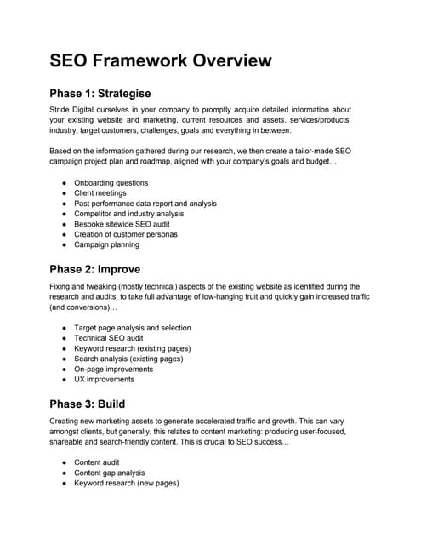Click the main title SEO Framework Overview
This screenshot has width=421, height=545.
[161, 60]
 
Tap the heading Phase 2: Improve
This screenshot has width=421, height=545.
[95, 269]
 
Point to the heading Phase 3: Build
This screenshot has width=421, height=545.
[88, 403]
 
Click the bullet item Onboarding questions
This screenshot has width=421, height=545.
[111, 183]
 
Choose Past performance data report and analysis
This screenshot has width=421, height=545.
[145, 204]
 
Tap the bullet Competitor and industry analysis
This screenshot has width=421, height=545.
[128, 214]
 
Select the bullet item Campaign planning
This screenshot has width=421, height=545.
[106, 244]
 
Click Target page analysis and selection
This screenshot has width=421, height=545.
[132, 328]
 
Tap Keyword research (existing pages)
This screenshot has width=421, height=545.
[132, 348]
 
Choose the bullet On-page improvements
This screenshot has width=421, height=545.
[114, 370]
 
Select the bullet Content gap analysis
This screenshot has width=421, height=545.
[109, 473]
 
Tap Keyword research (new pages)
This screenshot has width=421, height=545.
[126, 483]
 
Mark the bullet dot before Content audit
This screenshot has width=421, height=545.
[65, 462]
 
